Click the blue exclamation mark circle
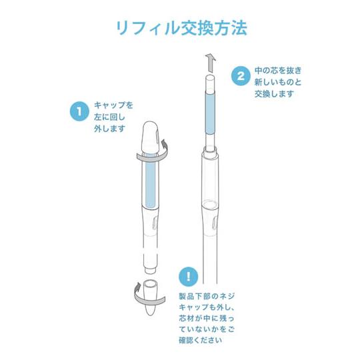189,276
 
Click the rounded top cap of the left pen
151,137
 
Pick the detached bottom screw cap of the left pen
151,298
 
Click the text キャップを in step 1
114,105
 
